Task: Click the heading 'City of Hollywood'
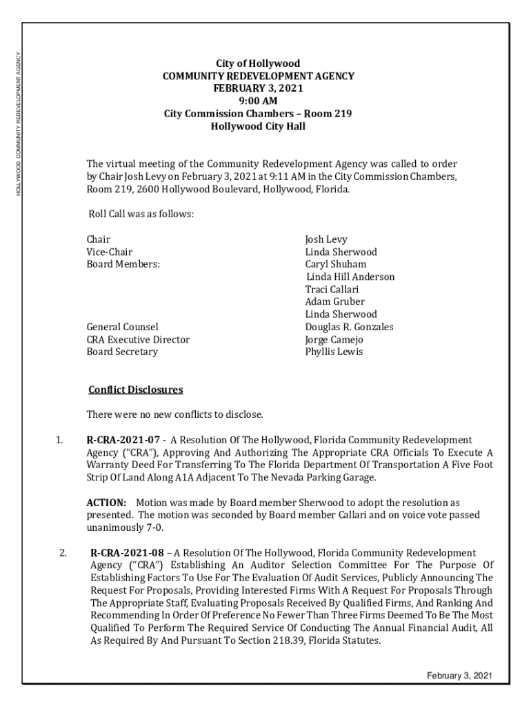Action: point(258,64)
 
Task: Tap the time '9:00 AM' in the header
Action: point(258,101)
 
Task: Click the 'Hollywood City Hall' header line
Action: point(258,126)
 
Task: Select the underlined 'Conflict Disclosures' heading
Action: point(136,390)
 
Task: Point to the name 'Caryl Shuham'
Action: point(336,264)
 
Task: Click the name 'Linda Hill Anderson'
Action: point(351,276)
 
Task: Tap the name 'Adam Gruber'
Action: point(335,302)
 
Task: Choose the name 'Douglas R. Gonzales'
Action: point(349,327)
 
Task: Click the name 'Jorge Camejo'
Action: point(334,339)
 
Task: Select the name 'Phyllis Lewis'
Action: point(334,352)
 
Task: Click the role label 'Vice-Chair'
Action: point(110,252)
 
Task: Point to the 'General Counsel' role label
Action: point(122,327)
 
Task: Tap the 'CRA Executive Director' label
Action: point(138,339)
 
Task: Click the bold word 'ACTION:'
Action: point(106,503)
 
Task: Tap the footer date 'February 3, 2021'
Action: point(459,676)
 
